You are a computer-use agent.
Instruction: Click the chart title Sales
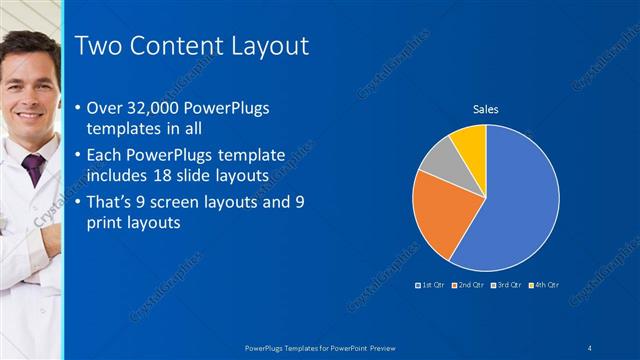pyautogui.click(x=486, y=109)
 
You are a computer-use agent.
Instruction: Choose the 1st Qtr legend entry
pyautogui.click(x=432, y=286)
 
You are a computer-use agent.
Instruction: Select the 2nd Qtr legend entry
pyautogui.click(x=468, y=286)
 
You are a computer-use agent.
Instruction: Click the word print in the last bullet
pyautogui.click(x=104, y=224)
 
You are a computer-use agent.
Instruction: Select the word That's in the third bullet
pyautogui.click(x=112, y=201)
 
